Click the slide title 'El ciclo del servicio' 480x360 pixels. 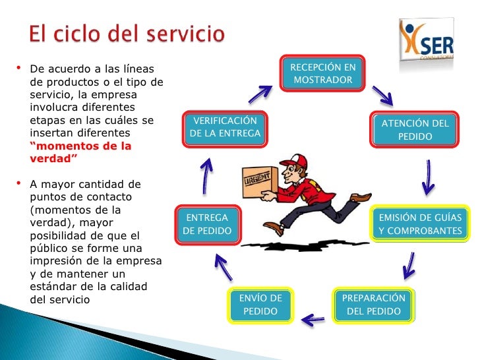pyautogui.click(x=127, y=33)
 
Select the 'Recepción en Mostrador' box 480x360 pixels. pyautogui.click(x=322, y=74)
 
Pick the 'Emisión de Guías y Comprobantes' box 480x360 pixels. pyautogui.click(x=420, y=224)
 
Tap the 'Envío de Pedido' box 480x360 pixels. pyautogui.click(x=260, y=304)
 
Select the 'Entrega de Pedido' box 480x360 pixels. pyautogui.click(x=206, y=224)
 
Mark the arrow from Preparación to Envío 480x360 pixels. pyautogui.click(x=313, y=320)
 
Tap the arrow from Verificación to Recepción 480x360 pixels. pyautogui.click(x=261, y=94)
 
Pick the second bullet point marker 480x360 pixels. pyautogui.click(x=18, y=183)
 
